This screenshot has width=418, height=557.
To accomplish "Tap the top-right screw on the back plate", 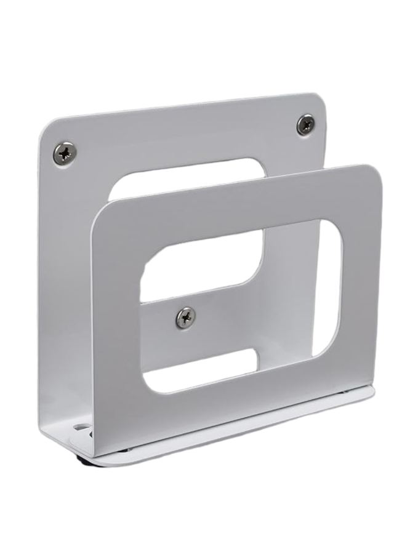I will pos(305,124).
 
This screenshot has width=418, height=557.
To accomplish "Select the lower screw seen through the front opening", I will pos(185,317).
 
